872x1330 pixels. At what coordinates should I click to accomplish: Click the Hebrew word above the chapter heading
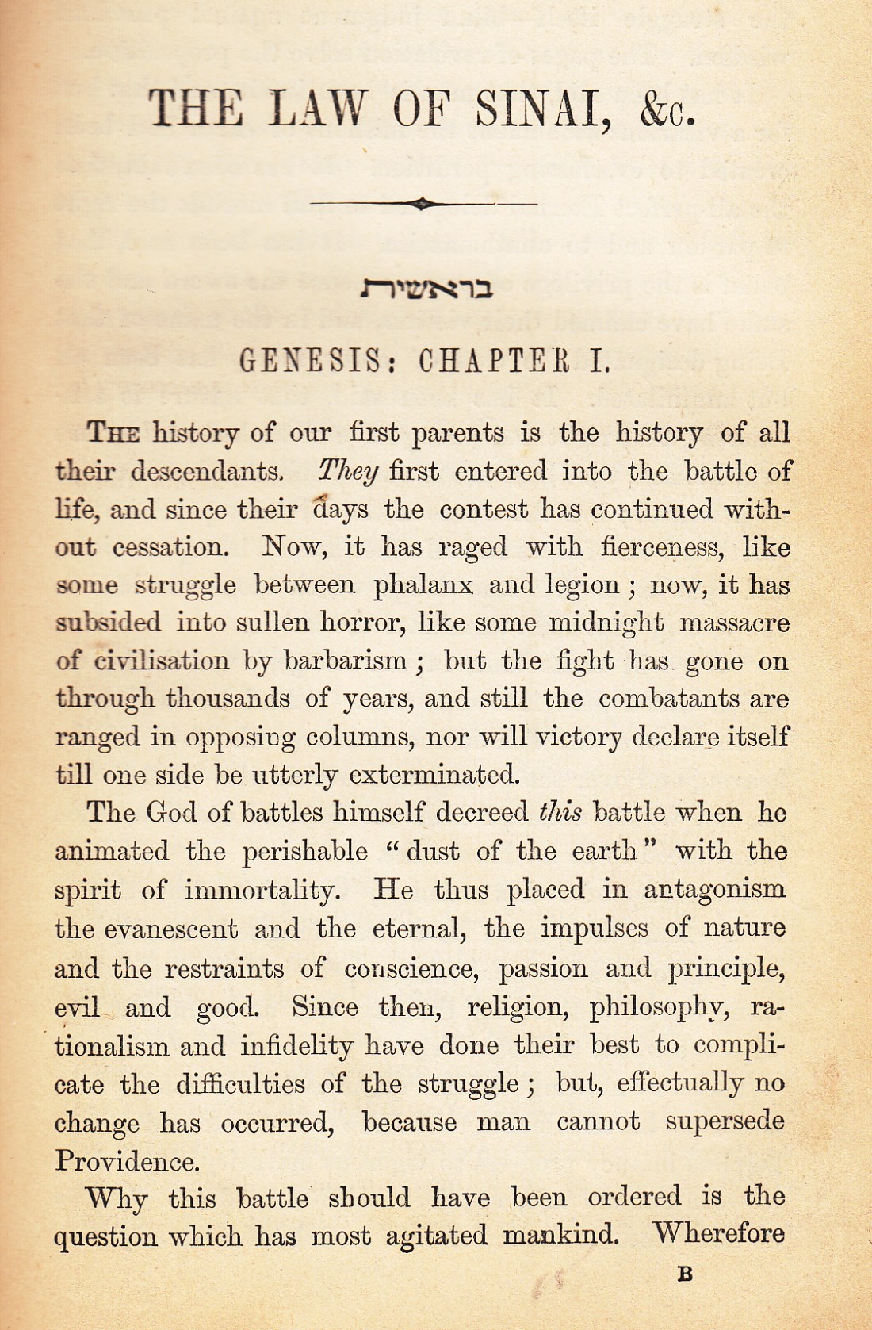(x=426, y=289)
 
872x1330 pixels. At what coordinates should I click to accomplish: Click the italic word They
(x=348, y=472)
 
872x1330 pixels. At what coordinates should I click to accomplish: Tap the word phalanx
(x=423, y=586)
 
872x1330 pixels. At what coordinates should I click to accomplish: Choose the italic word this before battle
(x=560, y=812)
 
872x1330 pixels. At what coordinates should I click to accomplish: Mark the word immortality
(x=262, y=890)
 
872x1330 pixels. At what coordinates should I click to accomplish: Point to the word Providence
(x=126, y=1162)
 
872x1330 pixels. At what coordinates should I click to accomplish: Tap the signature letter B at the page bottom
(x=686, y=1274)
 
